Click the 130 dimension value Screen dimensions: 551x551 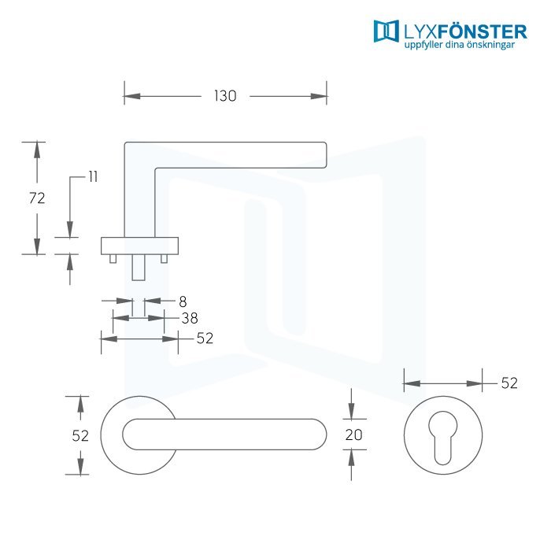point(225,96)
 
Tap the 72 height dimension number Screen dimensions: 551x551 point(37,198)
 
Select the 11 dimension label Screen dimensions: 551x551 point(93,177)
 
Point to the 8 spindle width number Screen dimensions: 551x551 point(183,301)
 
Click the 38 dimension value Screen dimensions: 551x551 point(190,318)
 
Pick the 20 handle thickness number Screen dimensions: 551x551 point(353,435)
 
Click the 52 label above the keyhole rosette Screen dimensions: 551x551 point(509,383)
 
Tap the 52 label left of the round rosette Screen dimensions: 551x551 point(80,436)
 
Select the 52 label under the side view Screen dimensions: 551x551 point(205,338)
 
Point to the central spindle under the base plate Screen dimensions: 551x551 point(139,268)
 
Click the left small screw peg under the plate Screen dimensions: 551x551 point(113,259)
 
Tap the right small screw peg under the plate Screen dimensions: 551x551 point(164,259)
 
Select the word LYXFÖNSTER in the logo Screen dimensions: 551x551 point(465,32)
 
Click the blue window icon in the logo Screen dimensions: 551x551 point(386,31)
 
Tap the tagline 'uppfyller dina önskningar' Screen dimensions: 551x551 point(459,45)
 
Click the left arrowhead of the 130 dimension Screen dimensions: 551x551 point(132,96)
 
